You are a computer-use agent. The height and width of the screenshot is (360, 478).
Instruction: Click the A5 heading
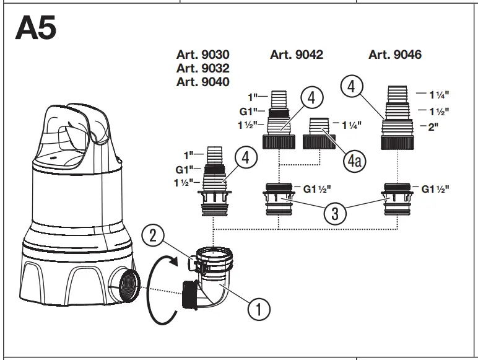pos(35,29)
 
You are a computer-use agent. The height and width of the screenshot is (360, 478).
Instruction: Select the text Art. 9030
pos(202,55)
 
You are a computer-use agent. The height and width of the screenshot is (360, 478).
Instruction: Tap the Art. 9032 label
pos(202,68)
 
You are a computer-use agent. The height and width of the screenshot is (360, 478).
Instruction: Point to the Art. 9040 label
pos(202,82)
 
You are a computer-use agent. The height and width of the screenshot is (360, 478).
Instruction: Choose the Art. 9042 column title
pos(297,55)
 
